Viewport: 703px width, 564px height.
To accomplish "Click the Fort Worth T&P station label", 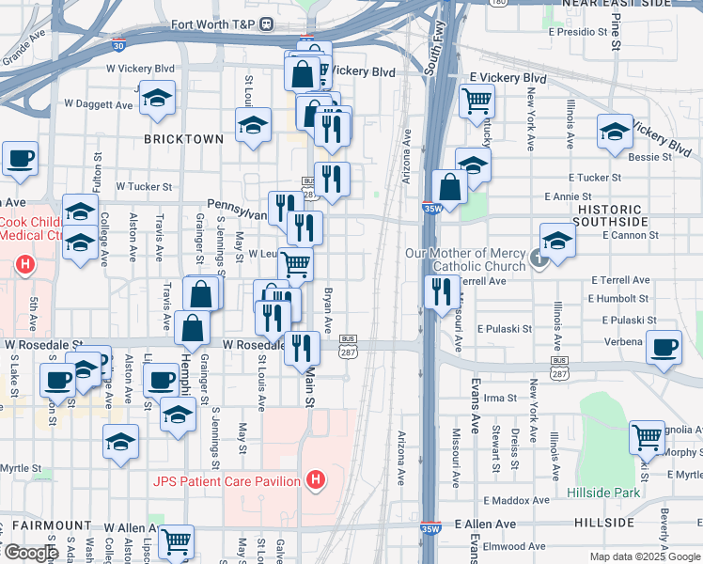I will click(x=214, y=23).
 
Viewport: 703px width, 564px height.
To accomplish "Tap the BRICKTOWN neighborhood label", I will click(x=183, y=138).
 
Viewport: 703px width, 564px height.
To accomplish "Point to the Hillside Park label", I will click(x=602, y=492).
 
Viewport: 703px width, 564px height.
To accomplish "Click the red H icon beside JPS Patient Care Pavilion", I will click(x=316, y=481).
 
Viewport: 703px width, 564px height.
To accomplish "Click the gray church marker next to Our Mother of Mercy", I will click(x=539, y=258).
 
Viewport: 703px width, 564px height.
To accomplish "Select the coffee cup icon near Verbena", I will click(x=664, y=346).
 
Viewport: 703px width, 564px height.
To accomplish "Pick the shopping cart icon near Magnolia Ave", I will click(x=646, y=435).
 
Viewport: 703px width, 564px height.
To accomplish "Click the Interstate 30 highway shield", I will click(x=117, y=43).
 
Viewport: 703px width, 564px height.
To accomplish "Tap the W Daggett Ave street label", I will click(x=100, y=103).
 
